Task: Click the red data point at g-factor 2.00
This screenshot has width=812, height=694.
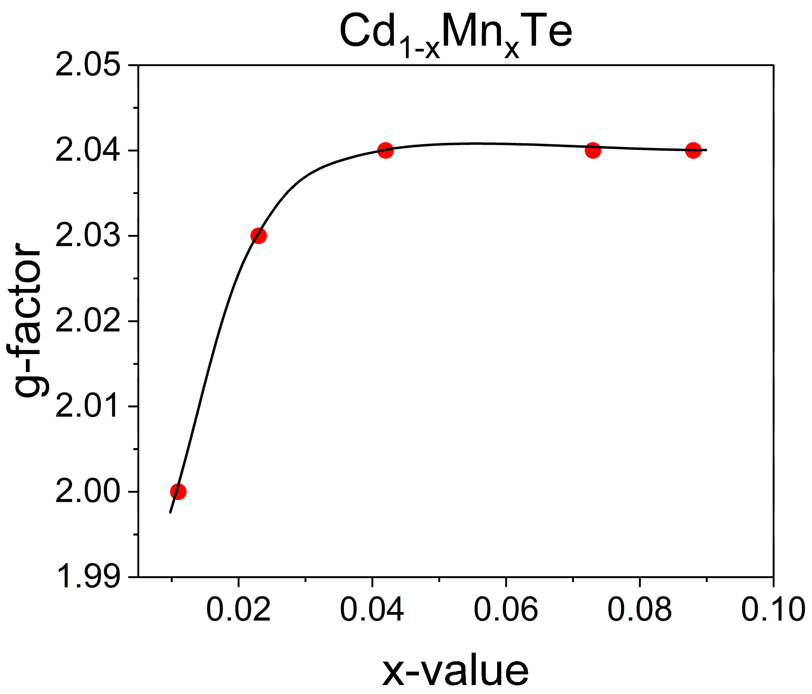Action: [x=178, y=491]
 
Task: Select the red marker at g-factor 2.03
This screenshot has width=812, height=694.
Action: [x=258, y=236]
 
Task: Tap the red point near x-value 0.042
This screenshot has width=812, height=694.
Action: [x=386, y=151]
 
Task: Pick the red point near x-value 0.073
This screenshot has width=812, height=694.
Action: [x=593, y=151]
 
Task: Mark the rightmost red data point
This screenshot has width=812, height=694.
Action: [x=693, y=151]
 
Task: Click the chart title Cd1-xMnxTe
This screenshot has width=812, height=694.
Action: [x=455, y=33]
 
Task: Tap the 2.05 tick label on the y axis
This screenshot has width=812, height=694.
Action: [x=88, y=65]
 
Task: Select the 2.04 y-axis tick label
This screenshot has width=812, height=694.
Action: [x=88, y=151]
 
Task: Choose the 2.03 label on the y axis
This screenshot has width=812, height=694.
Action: [x=88, y=236]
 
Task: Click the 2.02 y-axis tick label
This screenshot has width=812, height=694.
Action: [x=88, y=321]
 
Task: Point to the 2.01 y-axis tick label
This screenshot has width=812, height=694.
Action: [x=88, y=406]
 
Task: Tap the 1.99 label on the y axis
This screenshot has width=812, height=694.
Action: [x=88, y=577]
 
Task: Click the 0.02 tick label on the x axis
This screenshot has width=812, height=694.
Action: [x=238, y=610]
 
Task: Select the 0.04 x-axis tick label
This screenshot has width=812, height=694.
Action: [x=372, y=610]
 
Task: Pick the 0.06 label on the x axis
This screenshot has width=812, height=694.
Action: [x=506, y=610]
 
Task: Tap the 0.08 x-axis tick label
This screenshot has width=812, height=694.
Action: [x=639, y=610]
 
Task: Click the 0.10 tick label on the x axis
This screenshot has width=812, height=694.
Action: [x=773, y=610]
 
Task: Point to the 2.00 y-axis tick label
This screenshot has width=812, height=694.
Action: [x=88, y=492]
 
